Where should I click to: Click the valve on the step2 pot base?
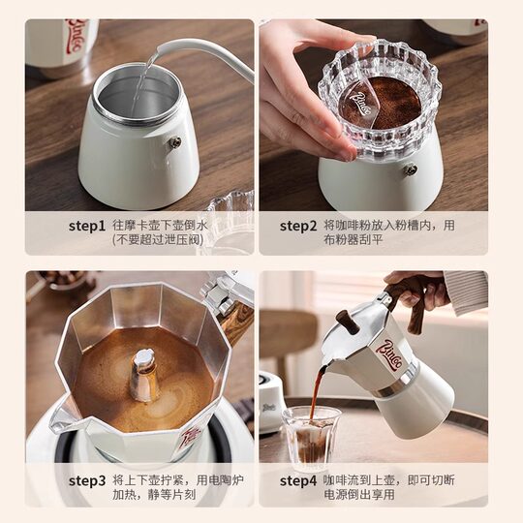pos(410,169)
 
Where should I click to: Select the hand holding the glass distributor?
pos(300,87)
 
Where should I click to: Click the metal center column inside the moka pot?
pos(144,374)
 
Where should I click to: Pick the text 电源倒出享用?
pos(364,494)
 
